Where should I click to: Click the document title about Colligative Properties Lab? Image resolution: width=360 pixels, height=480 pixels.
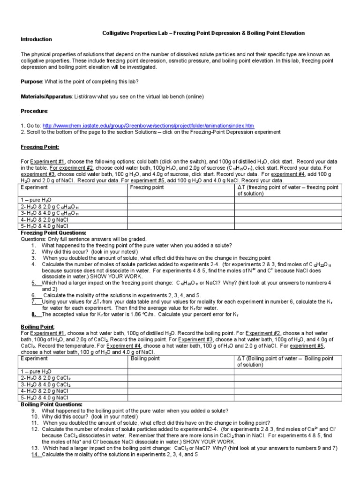[203, 33]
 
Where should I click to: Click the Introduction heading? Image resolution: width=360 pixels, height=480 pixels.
[36, 39]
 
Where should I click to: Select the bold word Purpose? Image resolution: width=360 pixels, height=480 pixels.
[31, 82]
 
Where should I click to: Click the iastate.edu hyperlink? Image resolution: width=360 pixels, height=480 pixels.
[148, 126]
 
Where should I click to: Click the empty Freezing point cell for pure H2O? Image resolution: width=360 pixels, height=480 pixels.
[180, 200]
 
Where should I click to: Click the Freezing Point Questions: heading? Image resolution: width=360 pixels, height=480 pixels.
[53, 232]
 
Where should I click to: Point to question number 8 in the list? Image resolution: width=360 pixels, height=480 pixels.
[34, 315]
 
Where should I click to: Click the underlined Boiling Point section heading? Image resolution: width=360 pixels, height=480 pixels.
[38, 326]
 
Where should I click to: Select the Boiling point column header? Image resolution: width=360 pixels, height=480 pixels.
[145, 359]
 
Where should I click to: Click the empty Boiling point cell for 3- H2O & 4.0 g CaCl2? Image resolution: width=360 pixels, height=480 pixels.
[180, 384]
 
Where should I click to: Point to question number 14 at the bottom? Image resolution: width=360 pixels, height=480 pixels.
[35, 454]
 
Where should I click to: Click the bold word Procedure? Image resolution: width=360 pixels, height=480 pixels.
[34, 111]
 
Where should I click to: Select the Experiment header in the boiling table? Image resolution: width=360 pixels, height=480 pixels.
[34, 359]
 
